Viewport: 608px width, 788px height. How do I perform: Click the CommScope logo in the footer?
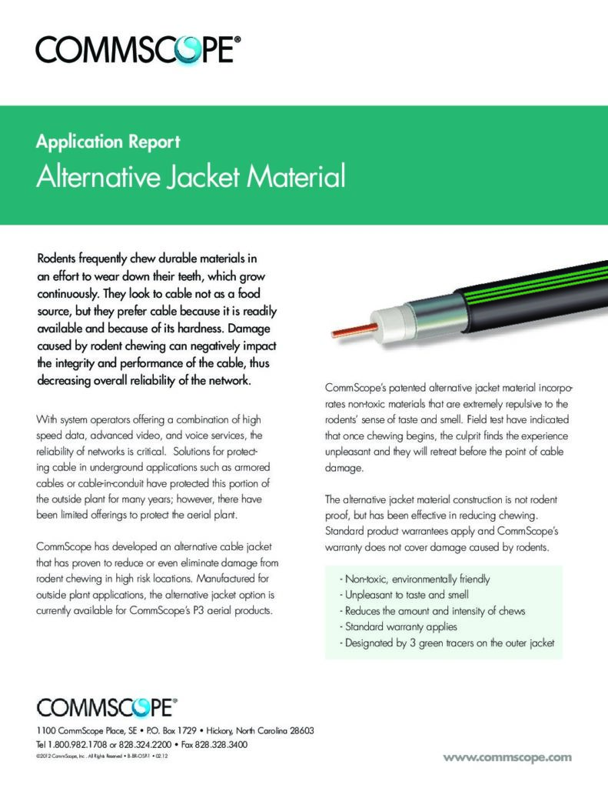pos(107,707)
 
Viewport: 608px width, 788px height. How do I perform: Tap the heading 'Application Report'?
pos(108,142)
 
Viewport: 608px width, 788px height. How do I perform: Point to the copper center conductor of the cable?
pos(351,327)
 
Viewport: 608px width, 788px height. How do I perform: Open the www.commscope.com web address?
pos(507,757)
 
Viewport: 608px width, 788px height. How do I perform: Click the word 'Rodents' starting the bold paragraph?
pos(60,256)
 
